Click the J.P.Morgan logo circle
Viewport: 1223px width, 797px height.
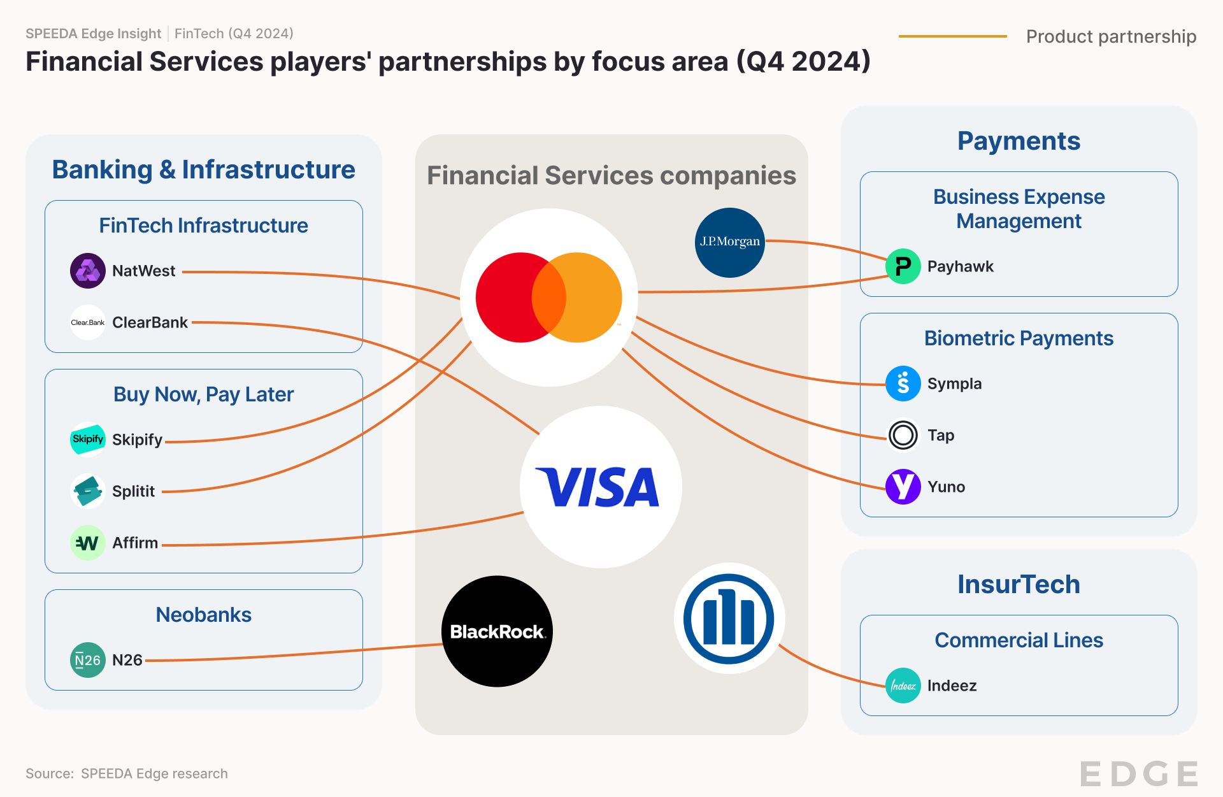coord(729,242)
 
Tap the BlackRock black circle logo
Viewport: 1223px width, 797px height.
coord(497,631)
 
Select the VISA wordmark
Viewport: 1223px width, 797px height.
coord(598,487)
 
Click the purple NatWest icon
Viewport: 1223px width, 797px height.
coord(87,271)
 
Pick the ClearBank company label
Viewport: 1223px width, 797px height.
coord(150,322)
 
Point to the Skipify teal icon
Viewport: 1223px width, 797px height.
coord(87,440)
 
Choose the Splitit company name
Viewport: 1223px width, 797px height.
coord(133,491)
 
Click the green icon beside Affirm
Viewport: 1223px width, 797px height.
coord(87,543)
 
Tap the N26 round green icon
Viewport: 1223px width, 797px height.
coord(87,660)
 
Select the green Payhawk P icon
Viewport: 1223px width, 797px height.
coord(903,266)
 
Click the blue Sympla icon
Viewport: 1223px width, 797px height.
coord(903,384)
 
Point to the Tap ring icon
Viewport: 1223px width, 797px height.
coord(903,435)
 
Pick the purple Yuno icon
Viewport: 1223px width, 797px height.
coord(903,487)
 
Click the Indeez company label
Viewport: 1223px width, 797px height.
coord(952,686)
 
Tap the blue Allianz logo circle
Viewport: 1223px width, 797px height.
coord(729,618)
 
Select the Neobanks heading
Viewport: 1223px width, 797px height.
coord(203,615)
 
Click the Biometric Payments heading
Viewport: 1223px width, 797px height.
coord(1019,338)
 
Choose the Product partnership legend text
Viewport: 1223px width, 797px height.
coord(1111,36)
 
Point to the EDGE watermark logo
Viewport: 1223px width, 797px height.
coord(1139,773)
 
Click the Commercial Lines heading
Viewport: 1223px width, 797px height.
coord(1019,640)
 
